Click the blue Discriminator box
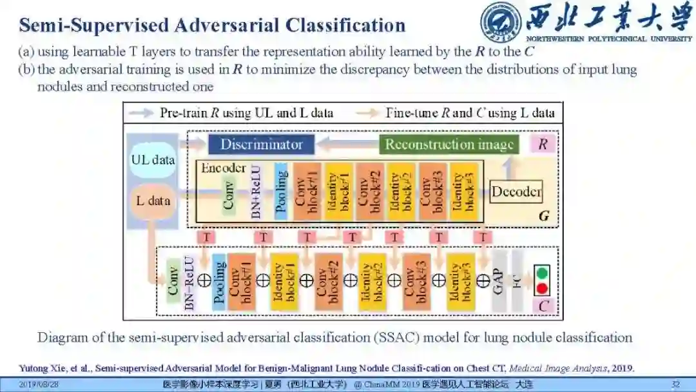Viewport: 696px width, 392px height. click(261, 144)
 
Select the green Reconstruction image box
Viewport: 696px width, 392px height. click(449, 144)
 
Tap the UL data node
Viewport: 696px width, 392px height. click(153, 160)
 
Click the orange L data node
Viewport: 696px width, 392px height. click(153, 201)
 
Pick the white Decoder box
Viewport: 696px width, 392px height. click(516, 191)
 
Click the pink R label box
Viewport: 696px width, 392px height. click(543, 144)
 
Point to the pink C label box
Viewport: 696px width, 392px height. click(543, 306)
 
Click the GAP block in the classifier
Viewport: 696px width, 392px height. click(498, 281)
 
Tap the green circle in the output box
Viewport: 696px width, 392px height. click(542, 272)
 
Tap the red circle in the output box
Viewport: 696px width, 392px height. click(542, 288)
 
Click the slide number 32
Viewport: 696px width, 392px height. click(675, 385)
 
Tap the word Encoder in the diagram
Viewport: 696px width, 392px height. click(223, 168)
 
